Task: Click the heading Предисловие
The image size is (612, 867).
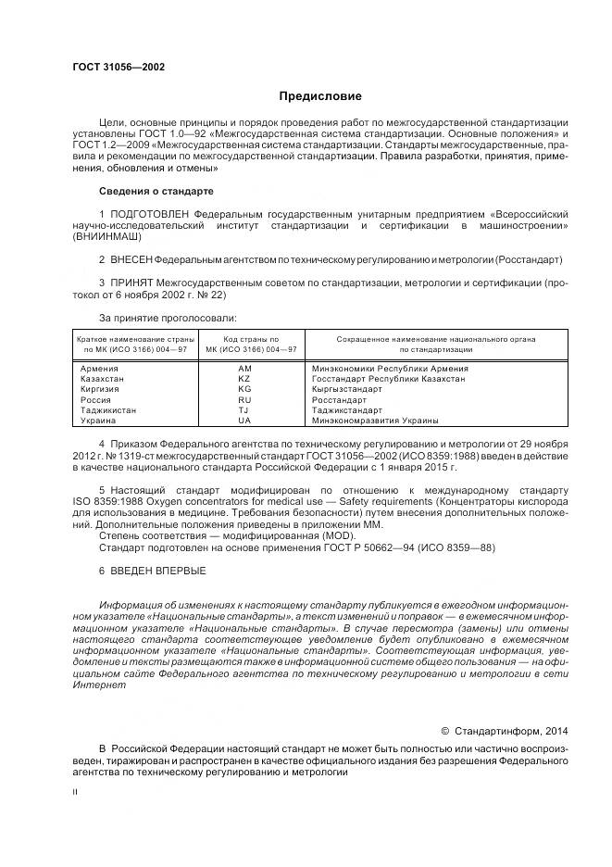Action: point(319,96)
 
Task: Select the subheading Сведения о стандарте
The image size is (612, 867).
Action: point(156,191)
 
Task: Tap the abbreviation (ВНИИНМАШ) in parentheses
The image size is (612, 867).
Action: point(104,238)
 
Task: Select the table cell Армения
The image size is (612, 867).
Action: point(100,369)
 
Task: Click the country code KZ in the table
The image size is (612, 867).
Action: point(244,379)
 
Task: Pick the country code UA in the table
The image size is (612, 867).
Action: point(244,420)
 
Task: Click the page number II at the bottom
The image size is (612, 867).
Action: point(76,792)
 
